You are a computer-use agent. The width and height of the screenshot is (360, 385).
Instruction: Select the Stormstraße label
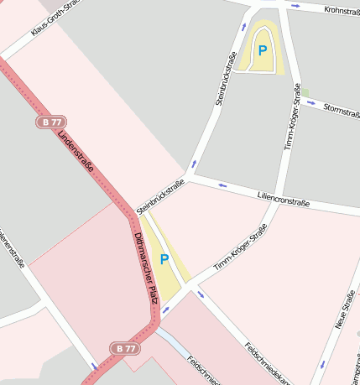pos(342,110)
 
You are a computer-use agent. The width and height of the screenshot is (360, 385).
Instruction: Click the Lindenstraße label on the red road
pos(77,158)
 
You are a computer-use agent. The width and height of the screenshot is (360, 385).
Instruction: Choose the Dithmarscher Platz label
pos(146,268)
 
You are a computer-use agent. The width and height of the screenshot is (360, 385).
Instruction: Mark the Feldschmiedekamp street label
pos(268,361)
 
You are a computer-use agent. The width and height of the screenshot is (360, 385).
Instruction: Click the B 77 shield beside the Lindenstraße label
pos(52,122)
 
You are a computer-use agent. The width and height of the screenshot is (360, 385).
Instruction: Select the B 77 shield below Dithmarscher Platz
pos(123,347)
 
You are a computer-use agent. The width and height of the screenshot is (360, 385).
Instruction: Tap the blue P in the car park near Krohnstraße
pos(263,50)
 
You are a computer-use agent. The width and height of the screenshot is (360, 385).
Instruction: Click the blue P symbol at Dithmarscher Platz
pos(164,260)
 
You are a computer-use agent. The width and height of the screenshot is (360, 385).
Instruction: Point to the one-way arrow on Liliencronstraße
pos(222,185)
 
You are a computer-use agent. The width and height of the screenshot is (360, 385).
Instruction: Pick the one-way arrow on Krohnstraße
pos(294,6)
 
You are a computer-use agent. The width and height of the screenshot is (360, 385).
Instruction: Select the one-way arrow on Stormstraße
pos(311,103)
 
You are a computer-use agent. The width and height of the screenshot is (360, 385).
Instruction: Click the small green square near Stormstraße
pos(305,91)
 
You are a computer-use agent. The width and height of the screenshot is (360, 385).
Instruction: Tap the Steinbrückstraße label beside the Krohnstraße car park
pos(226,79)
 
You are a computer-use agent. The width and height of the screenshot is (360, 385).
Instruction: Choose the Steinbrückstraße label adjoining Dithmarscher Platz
pos(160,199)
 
